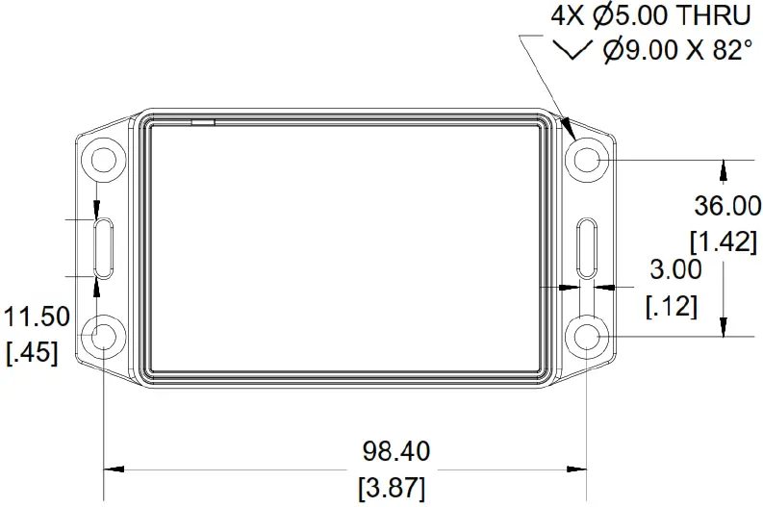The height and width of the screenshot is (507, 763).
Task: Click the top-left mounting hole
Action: (102, 159)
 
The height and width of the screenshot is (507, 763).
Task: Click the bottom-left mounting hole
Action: (102, 336)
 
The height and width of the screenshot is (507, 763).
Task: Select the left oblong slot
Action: (102, 247)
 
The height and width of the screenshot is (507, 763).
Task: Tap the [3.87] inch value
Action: (391, 487)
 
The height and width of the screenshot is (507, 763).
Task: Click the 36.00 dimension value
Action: (727, 205)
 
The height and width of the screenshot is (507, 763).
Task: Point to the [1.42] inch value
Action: (725, 241)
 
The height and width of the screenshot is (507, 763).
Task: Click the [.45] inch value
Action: (31, 353)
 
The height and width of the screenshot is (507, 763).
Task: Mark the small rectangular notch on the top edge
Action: (203, 122)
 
